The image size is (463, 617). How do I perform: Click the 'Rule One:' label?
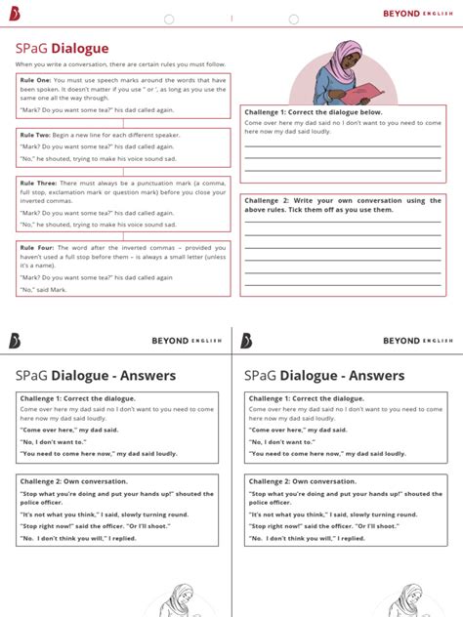pyautogui.click(x=36, y=80)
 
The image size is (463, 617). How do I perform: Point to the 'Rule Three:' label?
pyautogui.click(x=39, y=183)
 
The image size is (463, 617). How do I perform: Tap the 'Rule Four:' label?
pyautogui.click(x=38, y=246)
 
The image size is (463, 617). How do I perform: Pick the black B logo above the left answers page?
pyautogui.click(x=14, y=340)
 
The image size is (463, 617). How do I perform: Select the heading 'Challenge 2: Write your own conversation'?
pyautogui.click(x=342, y=201)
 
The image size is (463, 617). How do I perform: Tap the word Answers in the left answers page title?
pyautogui.click(x=145, y=375)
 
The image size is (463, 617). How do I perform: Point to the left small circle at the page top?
pyautogui.click(x=169, y=19)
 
